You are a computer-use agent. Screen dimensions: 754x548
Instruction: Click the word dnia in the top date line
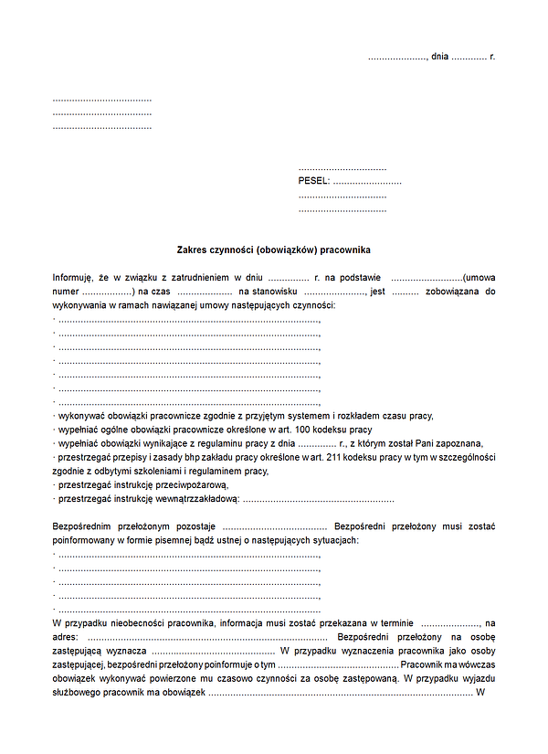coord(440,57)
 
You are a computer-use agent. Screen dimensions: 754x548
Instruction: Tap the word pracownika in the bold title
coord(348,250)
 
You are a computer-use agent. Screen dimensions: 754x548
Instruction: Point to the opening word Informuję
coord(74,277)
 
